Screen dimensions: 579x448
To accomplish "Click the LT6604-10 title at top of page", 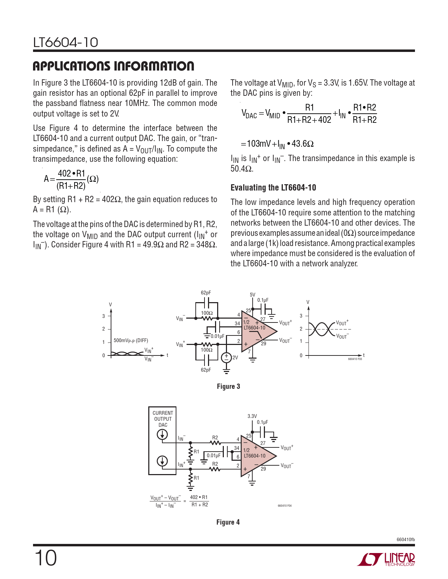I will pos(66,42).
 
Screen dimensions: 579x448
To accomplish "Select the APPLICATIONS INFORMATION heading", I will pos(113,66).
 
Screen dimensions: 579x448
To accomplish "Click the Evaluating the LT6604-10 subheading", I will pos(273,188).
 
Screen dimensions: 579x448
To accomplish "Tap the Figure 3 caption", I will pos(228,386).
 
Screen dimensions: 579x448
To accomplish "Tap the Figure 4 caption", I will pos(228,522).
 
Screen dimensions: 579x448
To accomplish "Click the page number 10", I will pos(45,558).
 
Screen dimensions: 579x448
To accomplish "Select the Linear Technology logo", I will pos(386,559).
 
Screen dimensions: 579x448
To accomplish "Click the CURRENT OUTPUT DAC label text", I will pos(163,419).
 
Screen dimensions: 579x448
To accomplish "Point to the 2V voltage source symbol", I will pos(226,358).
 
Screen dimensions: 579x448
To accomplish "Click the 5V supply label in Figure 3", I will pos(252,295).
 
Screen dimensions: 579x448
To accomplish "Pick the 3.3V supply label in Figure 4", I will pos(252,416).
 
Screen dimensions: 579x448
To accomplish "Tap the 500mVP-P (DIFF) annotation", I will pos(131,340).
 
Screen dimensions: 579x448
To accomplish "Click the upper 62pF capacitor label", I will pos(206,293).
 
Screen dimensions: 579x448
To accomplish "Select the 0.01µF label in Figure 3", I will pos(217,336).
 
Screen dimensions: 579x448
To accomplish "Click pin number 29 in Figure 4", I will pos(263,469).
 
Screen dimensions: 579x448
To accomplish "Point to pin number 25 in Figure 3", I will pos(248,311).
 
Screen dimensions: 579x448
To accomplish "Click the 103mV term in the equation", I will pos(259,144).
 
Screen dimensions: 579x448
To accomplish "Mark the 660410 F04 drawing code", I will pos(285,506).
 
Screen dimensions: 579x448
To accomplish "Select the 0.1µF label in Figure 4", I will pos(262,422).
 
